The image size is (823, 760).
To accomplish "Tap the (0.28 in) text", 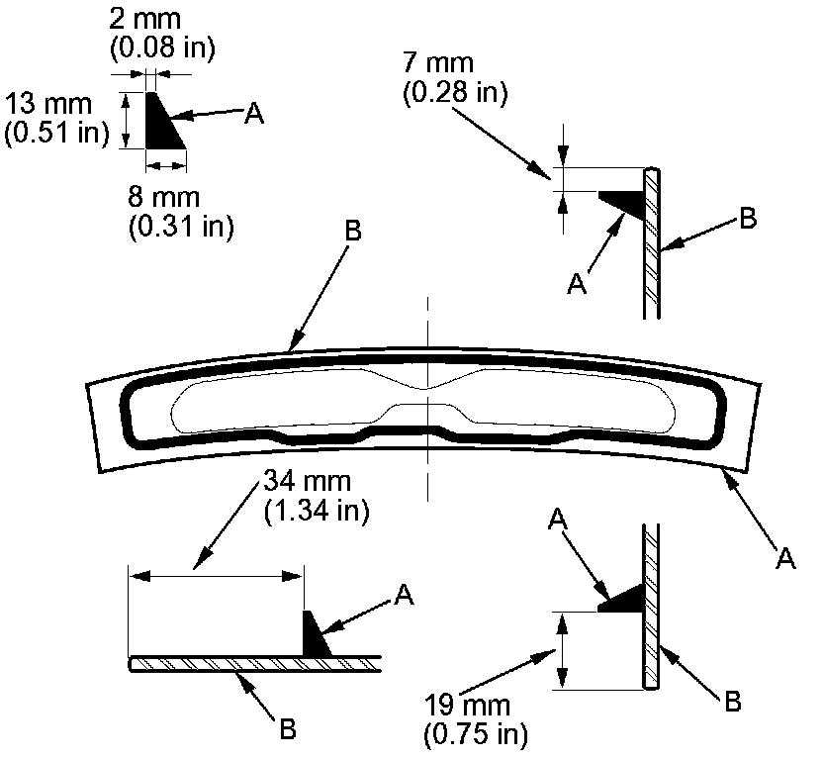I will coord(456,94).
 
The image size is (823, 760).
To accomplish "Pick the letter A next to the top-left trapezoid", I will coord(254,114).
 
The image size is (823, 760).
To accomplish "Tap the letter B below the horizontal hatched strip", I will coord(288,730).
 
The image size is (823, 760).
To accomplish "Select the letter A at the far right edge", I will coord(786,559).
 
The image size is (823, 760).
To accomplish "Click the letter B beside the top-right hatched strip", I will coord(748,219).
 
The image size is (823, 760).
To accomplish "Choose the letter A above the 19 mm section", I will coord(558,518).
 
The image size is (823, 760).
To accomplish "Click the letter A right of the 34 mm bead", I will coord(404,595).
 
